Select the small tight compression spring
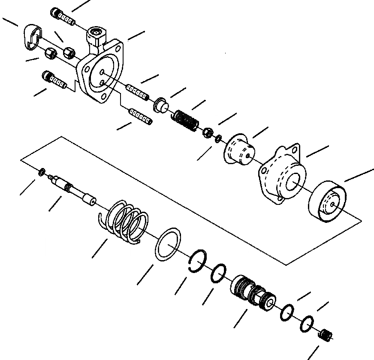tap(186, 119)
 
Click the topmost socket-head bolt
tap(62, 17)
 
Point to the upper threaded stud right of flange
tap(137, 92)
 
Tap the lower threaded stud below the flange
tap(140, 116)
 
